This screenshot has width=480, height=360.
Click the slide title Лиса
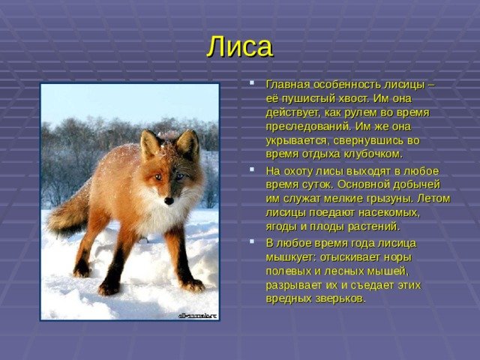[240, 47]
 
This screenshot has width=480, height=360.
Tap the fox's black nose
[169, 201]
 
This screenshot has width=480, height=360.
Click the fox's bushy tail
[67, 214]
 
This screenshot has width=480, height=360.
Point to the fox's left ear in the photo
[149, 145]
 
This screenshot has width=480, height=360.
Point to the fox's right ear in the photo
[187, 143]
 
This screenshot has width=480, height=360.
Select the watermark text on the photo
[197, 316]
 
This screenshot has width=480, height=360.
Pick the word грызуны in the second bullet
[387, 199]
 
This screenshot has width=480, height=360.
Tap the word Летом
[433, 198]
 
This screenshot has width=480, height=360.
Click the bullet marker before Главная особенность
[252, 82]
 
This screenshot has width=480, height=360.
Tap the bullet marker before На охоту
[252, 169]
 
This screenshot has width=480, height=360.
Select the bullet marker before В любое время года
[252, 241]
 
